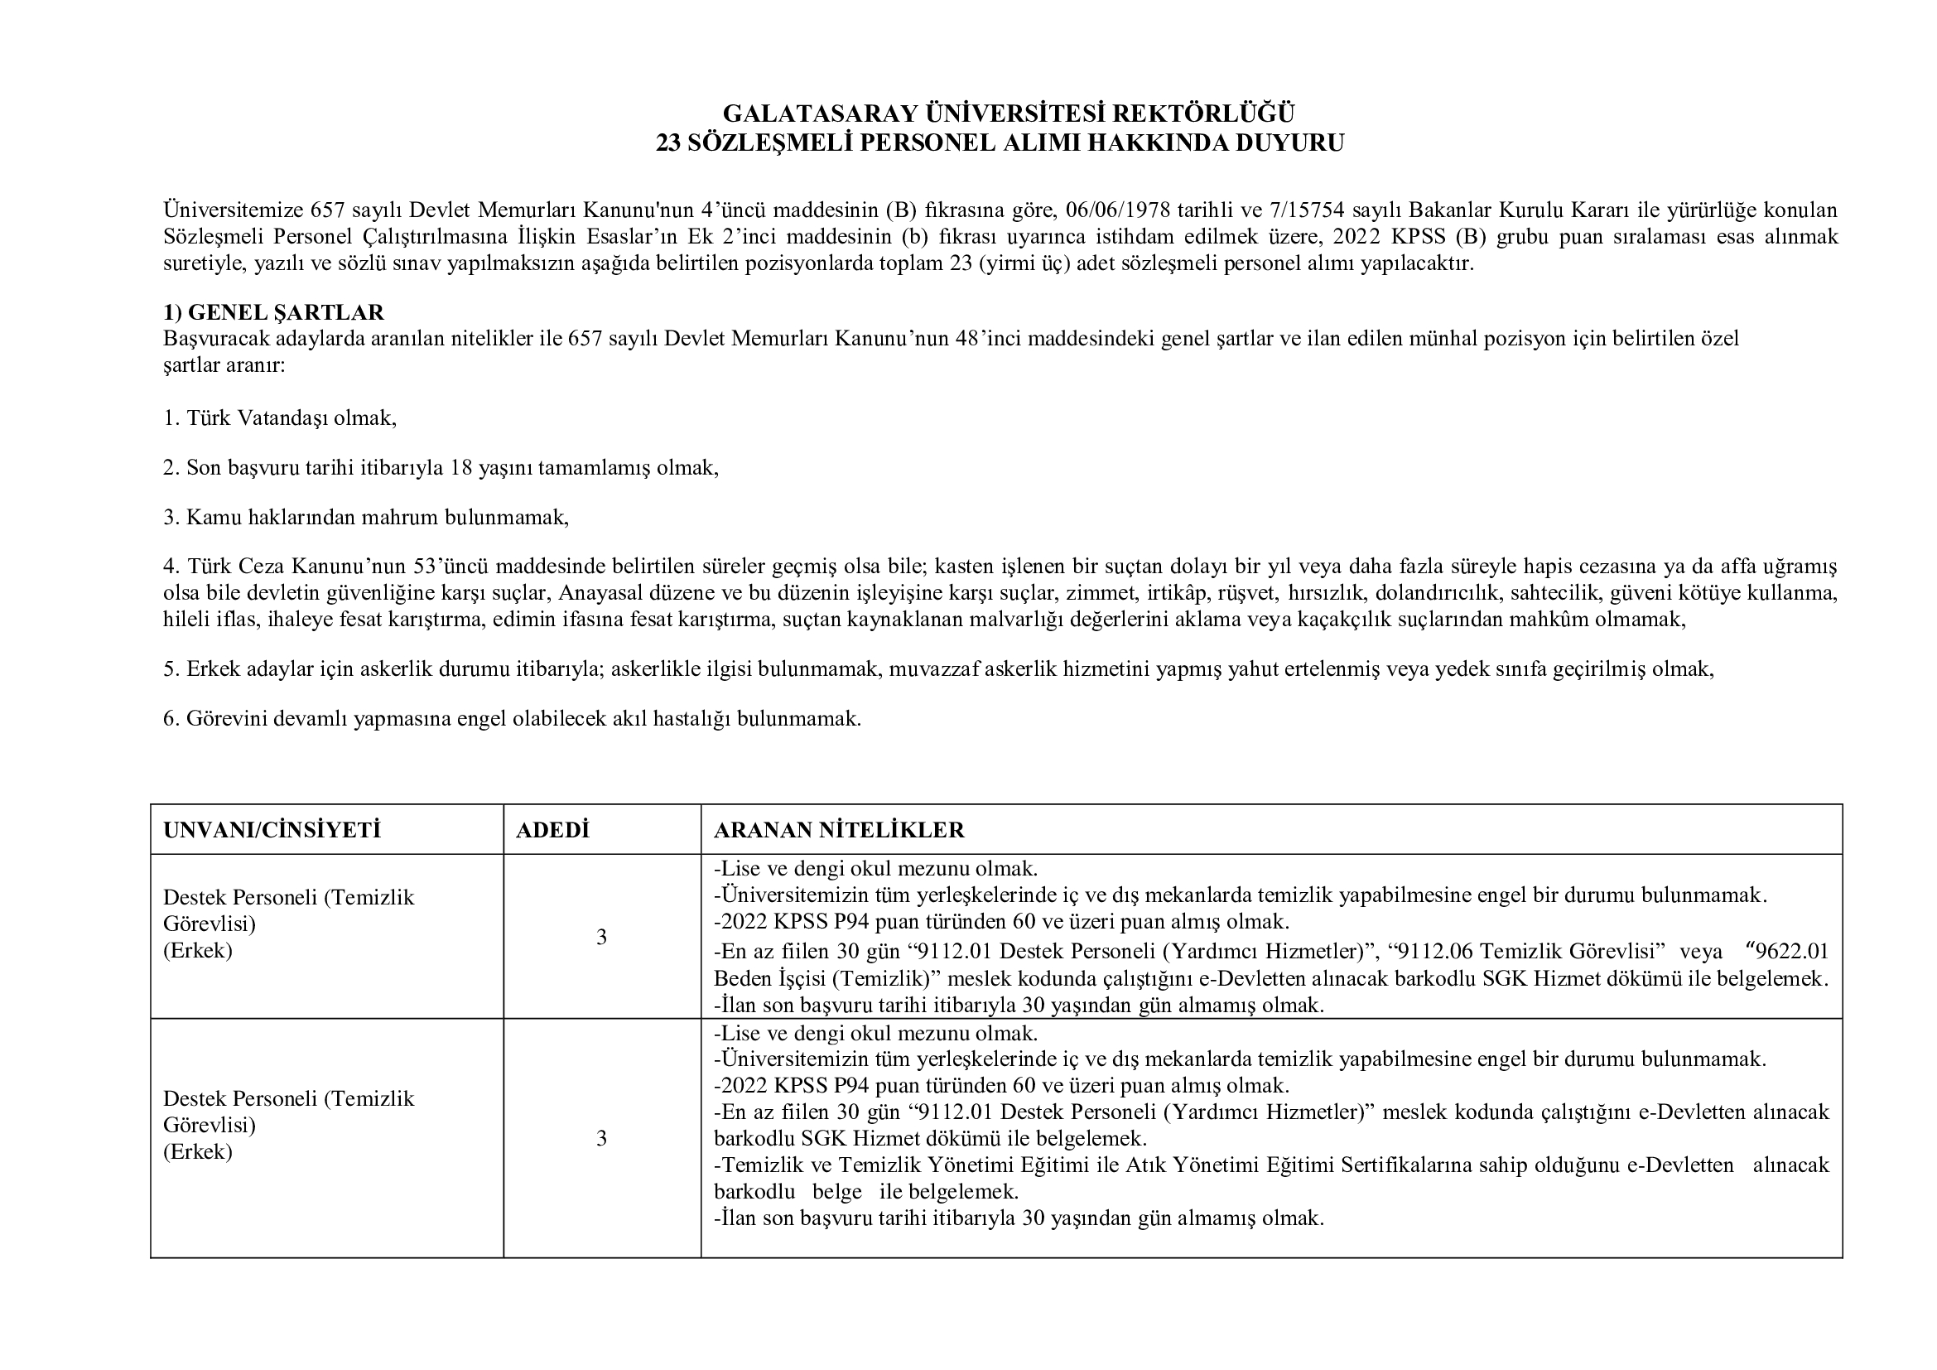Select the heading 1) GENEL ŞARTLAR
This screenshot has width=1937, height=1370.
(273, 312)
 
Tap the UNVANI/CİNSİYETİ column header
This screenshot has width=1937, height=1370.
(272, 830)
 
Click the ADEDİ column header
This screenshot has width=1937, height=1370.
(552, 830)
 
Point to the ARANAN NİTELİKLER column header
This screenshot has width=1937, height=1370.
(839, 830)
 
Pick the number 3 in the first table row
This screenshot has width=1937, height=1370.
(601, 938)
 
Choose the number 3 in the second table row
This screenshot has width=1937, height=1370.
(601, 1139)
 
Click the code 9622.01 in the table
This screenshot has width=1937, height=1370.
(1792, 952)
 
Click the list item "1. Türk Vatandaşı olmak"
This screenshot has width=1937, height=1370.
(280, 418)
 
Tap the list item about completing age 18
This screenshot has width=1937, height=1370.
(441, 467)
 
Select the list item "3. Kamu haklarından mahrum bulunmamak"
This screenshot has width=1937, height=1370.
(366, 517)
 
